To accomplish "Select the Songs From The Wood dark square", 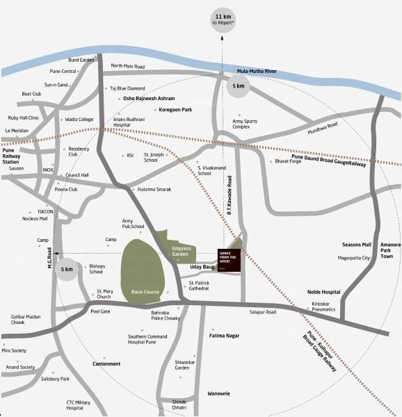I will [x=229, y=259].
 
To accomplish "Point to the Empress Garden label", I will [x=182, y=251].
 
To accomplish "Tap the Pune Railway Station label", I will [x=13, y=156].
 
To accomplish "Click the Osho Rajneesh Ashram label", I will [x=148, y=99].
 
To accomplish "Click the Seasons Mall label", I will [x=357, y=245].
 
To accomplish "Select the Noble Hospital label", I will [x=323, y=292].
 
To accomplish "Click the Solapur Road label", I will [x=264, y=312].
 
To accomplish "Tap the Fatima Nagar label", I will [x=224, y=336].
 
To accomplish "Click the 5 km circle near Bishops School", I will [x=67, y=269].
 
